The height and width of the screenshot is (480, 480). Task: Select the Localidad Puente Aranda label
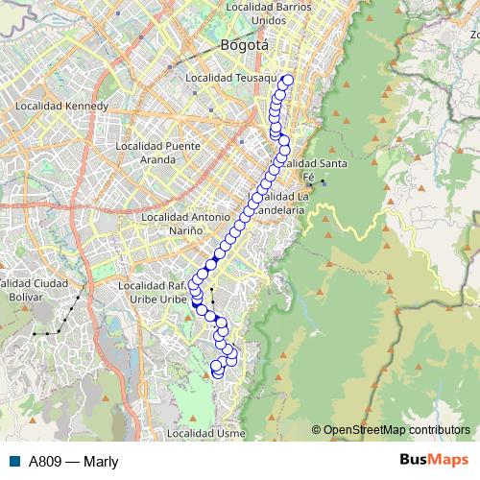[156, 152]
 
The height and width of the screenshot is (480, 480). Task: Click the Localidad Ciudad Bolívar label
[35, 290]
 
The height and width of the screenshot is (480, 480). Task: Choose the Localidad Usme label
[205, 434]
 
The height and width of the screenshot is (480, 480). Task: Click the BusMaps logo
[433, 460]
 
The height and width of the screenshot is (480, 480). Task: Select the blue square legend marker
[14, 461]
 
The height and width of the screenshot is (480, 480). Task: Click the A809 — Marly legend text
[73, 461]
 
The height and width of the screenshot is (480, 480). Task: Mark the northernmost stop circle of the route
[286, 81]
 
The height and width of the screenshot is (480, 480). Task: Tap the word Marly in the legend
[101, 461]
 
